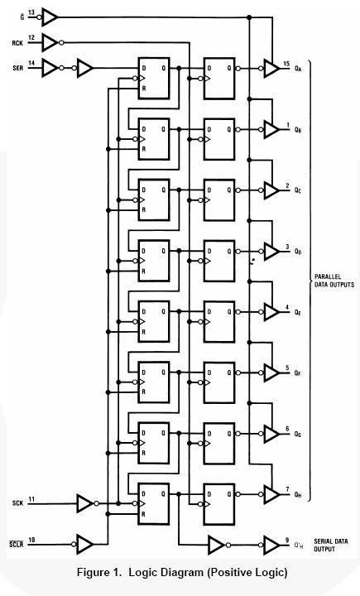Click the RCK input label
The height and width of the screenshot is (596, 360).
(17, 43)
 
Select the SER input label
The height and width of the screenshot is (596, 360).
(17, 68)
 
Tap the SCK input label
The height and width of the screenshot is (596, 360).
(17, 503)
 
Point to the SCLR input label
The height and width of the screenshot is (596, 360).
(17, 545)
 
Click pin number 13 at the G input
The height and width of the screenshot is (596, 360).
(31, 12)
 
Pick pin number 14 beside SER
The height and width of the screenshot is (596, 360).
(31, 62)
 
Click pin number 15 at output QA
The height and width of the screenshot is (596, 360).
(286, 64)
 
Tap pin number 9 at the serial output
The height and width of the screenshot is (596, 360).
(287, 540)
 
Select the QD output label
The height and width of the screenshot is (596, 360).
(298, 252)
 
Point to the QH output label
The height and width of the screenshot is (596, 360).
(298, 494)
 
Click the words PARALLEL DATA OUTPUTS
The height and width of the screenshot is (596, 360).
(334, 281)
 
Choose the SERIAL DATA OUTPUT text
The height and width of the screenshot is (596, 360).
(331, 545)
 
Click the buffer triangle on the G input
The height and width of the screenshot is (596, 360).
(50, 17)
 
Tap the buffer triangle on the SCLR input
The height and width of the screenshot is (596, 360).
(84, 545)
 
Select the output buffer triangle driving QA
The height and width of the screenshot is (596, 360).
(271, 69)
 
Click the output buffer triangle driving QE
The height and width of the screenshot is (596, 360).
(271, 312)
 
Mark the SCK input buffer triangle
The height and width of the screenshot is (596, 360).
(84, 503)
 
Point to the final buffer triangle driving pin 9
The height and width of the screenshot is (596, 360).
(271, 545)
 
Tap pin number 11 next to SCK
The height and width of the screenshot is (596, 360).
(31, 498)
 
